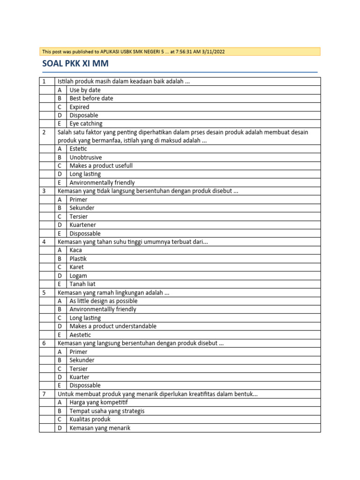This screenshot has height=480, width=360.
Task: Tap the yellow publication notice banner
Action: [x=180, y=52]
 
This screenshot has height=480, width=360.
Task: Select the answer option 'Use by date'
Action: [x=85, y=90]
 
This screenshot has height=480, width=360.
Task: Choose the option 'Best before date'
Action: [x=91, y=98]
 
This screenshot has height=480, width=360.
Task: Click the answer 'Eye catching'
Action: [x=86, y=124]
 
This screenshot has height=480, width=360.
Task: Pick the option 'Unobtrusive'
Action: [x=86, y=157]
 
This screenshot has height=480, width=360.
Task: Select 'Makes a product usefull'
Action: [x=101, y=166]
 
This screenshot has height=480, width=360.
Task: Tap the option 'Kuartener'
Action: [x=82, y=225]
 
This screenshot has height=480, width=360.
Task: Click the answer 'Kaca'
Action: [x=75, y=250]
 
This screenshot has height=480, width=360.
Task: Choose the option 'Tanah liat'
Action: [x=82, y=284]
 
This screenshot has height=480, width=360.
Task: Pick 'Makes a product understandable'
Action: [x=113, y=326]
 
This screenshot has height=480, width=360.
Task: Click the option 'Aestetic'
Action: [x=80, y=335]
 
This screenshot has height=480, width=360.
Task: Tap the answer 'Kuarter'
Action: [x=79, y=377]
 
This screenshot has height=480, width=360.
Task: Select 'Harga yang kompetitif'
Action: [x=98, y=402]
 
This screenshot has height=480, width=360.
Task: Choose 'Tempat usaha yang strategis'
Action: [x=107, y=411]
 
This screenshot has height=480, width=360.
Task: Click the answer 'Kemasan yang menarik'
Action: [x=100, y=428]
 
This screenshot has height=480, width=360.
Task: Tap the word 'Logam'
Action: [x=78, y=276]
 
